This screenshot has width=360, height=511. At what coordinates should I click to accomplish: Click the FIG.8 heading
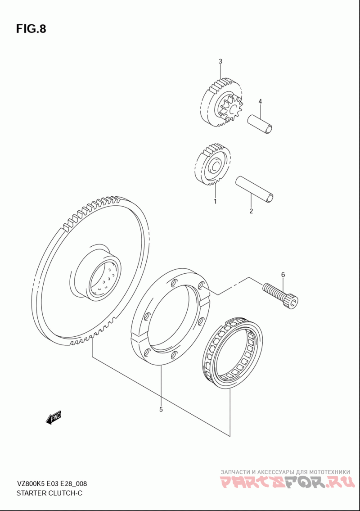point(31,29)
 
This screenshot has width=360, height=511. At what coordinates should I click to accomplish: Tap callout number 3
point(220,61)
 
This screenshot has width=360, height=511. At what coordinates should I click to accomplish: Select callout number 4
point(260,101)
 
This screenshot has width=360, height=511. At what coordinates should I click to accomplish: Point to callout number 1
point(215,201)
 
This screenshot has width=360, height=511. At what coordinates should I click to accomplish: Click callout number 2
point(251,211)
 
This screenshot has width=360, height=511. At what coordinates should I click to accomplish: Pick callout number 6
point(283,274)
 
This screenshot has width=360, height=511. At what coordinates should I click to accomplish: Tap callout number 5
point(161,409)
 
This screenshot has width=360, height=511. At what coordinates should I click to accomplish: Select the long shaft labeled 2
point(255,188)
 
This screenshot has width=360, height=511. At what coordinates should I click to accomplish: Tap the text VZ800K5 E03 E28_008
point(52,484)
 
